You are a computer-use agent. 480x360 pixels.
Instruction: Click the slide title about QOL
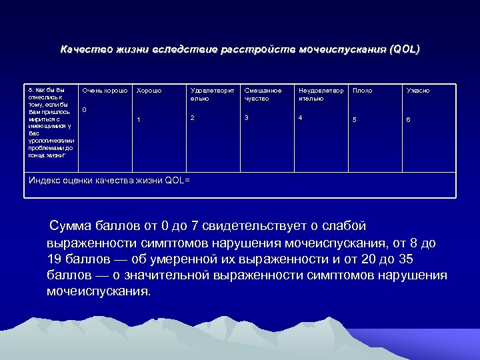[x=240, y=50]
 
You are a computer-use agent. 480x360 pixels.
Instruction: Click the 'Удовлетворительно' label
[x=212, y=94]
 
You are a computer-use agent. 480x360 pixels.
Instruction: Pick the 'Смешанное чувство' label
[x=263, y=94]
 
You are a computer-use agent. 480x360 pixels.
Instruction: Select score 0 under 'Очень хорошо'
[x=84, y=109]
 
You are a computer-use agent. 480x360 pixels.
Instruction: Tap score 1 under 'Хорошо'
[x=139, y=120]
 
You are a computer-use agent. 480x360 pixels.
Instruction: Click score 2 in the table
[x=193, y=117]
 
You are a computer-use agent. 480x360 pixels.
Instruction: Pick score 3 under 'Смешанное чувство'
[x=246, y=117]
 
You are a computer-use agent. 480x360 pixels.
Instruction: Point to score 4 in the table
[x=301, y=117]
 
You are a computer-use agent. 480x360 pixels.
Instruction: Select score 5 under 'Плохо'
[x=355, y=120]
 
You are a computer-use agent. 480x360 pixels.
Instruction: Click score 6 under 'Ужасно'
[x=409, y=120]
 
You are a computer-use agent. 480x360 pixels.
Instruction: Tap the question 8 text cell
[x=51, y=122]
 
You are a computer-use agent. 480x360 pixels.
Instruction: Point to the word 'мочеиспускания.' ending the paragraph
[x=99, y=291]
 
